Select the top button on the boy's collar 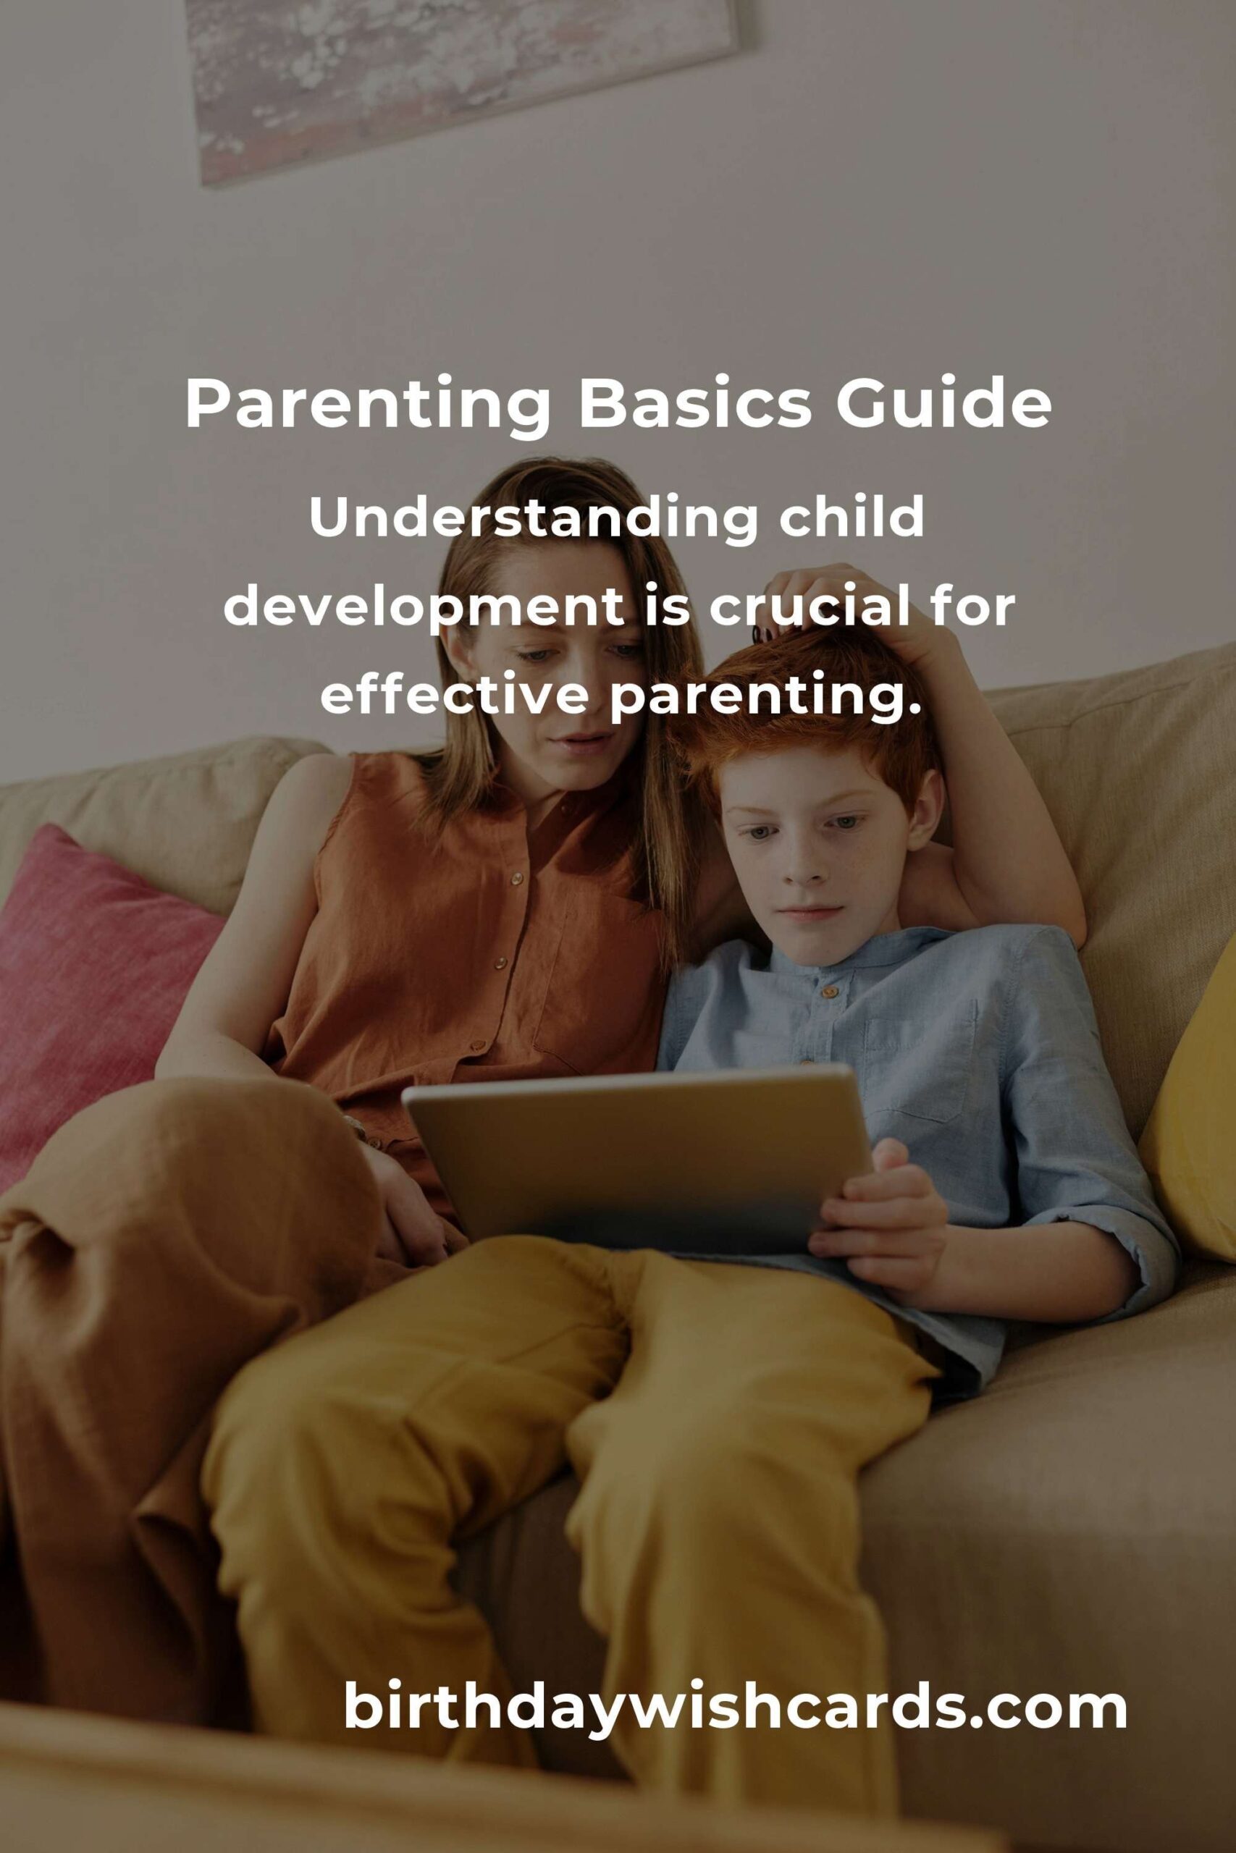[x=829, y=991]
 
